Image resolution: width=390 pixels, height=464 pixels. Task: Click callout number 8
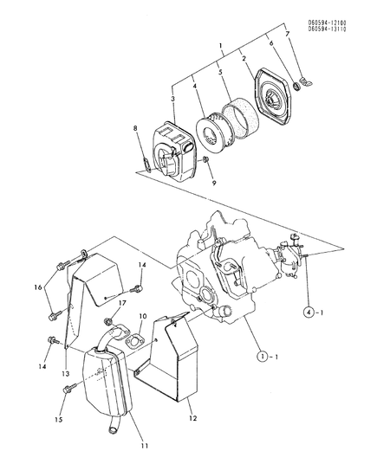click(x=134, y=129)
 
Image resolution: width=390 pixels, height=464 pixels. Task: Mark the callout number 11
click(x=145, y=447)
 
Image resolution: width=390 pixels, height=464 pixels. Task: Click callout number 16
click(x=37, y=286)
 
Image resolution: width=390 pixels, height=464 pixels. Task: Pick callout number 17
click(x=122, y=303)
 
